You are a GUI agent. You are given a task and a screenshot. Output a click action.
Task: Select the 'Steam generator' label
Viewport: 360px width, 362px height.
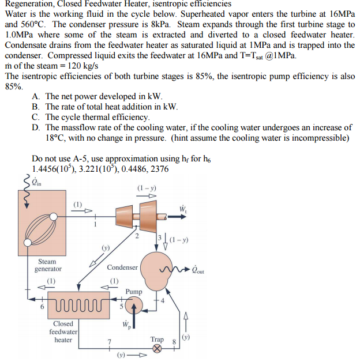point(47,265)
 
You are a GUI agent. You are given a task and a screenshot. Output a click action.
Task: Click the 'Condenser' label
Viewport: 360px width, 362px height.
point(122,267)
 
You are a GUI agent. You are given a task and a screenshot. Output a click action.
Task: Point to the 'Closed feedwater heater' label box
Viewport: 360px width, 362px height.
point(63,331)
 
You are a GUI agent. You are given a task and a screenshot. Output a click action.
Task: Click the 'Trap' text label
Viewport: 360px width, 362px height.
point(156,339)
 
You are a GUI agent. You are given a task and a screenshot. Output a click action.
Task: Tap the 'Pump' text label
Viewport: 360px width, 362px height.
point(134,292)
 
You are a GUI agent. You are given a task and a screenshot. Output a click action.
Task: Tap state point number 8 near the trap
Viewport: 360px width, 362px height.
point(173,341)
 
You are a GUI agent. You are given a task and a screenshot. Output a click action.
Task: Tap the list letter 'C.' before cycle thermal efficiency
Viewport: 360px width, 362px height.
point(36,117)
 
